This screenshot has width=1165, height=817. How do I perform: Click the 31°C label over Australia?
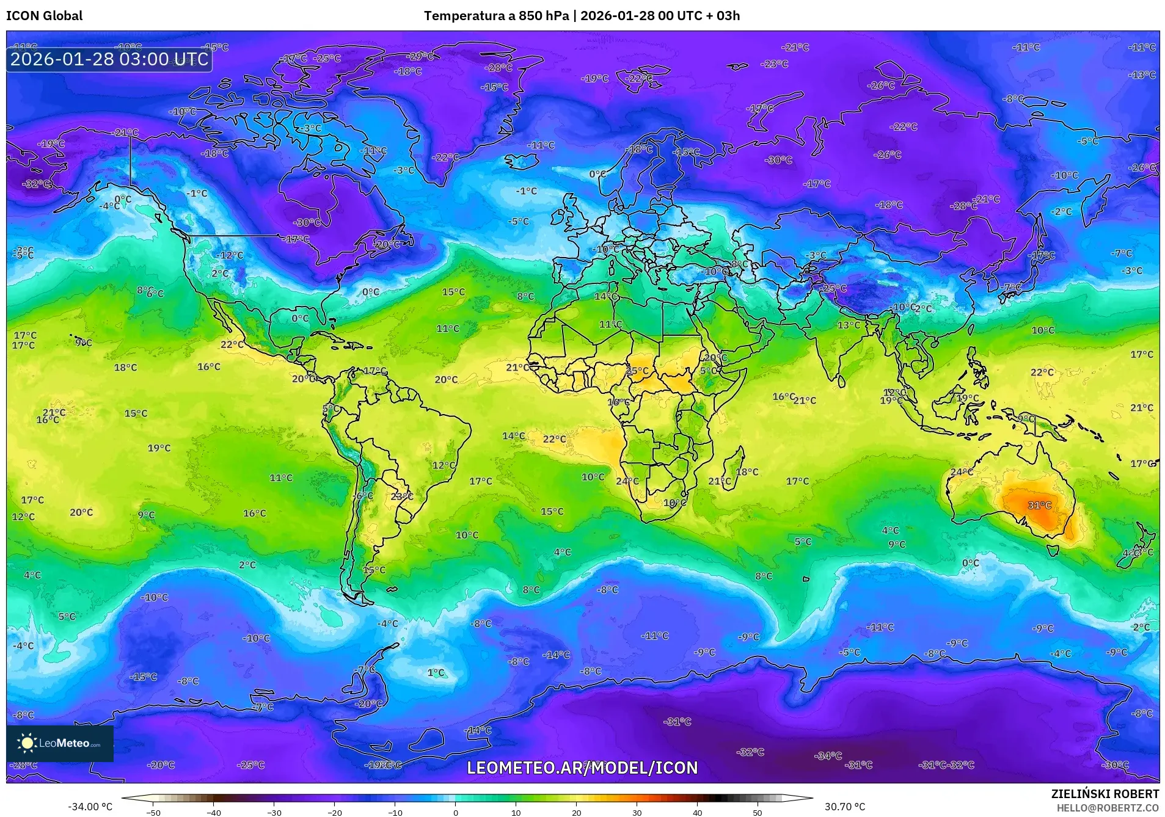[1039, 506]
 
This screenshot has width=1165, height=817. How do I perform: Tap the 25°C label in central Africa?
[637, 371]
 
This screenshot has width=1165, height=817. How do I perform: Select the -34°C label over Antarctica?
[828, 756]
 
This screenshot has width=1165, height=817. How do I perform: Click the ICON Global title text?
[44, 16]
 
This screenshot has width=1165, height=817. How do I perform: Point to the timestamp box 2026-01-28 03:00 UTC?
[109, 60]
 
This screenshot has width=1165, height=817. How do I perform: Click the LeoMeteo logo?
[59, 743]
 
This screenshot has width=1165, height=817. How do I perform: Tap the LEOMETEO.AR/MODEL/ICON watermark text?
[582, 768]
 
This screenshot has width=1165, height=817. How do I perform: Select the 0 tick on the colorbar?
[455, 813]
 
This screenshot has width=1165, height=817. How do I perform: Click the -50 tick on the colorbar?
[153, 813]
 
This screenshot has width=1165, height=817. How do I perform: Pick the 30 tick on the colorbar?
[637, 813]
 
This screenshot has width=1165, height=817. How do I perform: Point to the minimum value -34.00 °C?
[90, 807]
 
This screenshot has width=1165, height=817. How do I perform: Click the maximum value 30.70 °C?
[845, 807]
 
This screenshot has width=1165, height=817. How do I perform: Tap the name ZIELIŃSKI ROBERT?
[1105, 794]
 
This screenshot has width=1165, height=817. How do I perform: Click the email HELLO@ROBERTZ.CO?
[1108, 808]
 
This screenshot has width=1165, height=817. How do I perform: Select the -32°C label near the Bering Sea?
[36, 184]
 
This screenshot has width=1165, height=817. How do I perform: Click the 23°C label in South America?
[401, 496]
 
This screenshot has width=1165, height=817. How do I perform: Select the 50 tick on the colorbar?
[757, 813]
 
